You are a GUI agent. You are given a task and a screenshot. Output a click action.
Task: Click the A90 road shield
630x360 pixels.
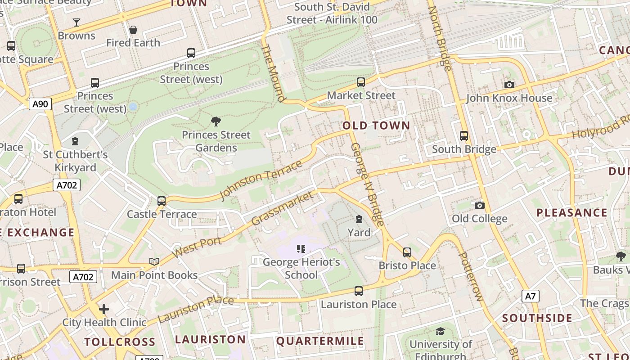pos(40,104)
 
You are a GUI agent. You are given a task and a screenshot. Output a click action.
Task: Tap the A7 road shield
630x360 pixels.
pos(531,296)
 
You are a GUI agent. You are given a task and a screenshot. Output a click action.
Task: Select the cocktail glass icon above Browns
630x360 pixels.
pos(76,22)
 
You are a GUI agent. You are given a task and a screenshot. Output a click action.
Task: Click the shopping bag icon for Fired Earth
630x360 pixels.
pos(133,30)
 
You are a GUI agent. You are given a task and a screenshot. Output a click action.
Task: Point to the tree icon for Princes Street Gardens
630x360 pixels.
pos(216,121)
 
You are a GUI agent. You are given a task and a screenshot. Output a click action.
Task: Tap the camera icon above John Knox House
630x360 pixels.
pos(509,85)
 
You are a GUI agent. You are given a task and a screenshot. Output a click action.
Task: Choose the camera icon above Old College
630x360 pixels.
pos(480,205)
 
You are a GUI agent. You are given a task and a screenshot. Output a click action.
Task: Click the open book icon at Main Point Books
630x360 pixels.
pos(154,261)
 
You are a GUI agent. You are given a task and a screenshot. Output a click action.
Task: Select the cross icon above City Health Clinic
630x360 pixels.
pos(104,309)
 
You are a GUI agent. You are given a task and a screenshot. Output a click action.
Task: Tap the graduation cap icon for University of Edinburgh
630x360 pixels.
pos(440,332)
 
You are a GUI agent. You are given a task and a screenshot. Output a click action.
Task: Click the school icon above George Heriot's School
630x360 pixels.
pos(301,248)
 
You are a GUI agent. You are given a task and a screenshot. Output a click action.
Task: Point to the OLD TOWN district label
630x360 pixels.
pos(376,126)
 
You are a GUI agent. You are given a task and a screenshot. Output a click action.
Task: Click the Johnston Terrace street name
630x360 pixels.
pos(261,180)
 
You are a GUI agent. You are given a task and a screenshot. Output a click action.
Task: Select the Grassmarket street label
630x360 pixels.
pos(282,208)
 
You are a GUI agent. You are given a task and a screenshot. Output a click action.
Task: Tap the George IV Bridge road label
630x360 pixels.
pos(368,184)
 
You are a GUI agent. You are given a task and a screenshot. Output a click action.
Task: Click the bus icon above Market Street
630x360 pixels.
pos(360,82)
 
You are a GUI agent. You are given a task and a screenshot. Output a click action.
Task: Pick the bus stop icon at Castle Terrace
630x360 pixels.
pos(162,201)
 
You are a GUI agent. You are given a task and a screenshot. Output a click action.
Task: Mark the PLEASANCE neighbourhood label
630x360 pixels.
pos(571,212)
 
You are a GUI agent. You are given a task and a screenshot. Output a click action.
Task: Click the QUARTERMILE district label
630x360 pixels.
pos(320,341)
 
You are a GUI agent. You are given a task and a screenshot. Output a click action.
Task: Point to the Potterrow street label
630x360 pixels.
pos(471,276)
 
